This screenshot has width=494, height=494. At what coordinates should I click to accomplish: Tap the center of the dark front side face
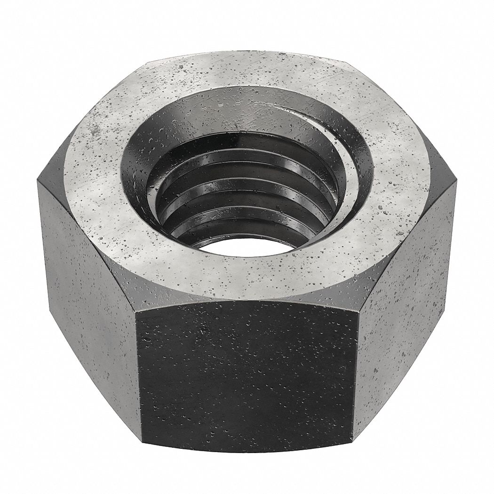point(245,376)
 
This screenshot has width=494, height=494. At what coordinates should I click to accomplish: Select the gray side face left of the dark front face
point(89,301)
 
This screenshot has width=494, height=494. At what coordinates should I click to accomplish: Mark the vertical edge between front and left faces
point(137,376)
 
